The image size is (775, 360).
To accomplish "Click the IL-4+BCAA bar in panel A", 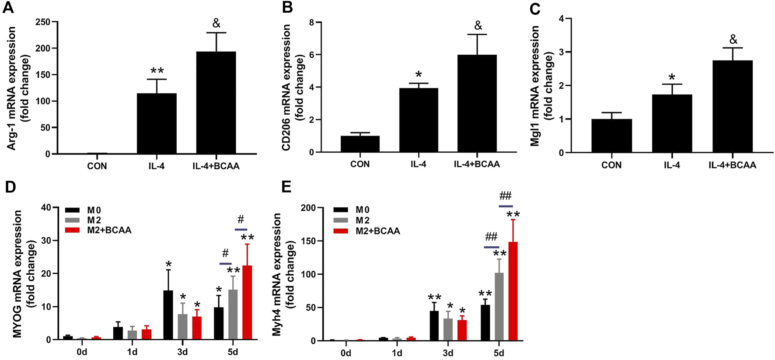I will click(x=216, y=103).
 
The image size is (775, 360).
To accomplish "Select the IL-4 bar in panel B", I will click(x=419, y=120).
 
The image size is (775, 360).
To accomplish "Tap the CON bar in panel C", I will click(x=611, y=136).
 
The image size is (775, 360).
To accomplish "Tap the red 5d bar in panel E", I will click(x=513, y=291).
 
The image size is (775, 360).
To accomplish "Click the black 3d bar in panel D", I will click(x=168, y=315).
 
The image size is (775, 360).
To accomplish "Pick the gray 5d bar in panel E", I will click(x=499, y=306).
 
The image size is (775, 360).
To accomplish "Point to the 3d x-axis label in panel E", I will click(x=448, y=353).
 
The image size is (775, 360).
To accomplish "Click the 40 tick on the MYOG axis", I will click(x=45, y=207).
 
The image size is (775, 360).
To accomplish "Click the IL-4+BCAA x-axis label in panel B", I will click(x=477, y=164).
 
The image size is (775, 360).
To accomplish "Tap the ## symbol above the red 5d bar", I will click(x=505, y=196).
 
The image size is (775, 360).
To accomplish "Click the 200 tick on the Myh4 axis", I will click(x=310, y=208).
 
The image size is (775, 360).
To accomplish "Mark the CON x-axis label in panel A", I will click(x=97, y=166).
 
